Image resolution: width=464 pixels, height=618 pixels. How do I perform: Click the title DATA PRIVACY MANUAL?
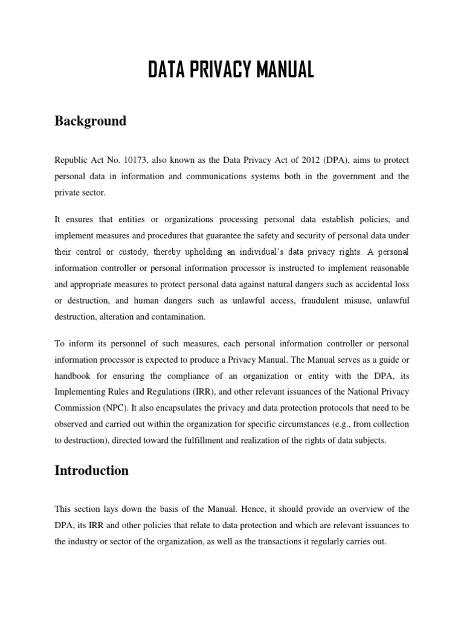point(231,70)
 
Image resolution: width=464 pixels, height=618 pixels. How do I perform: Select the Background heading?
point(91,121)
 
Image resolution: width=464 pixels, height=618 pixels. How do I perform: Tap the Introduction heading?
point(92,471)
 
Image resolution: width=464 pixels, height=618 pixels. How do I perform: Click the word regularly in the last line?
point(332,541)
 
